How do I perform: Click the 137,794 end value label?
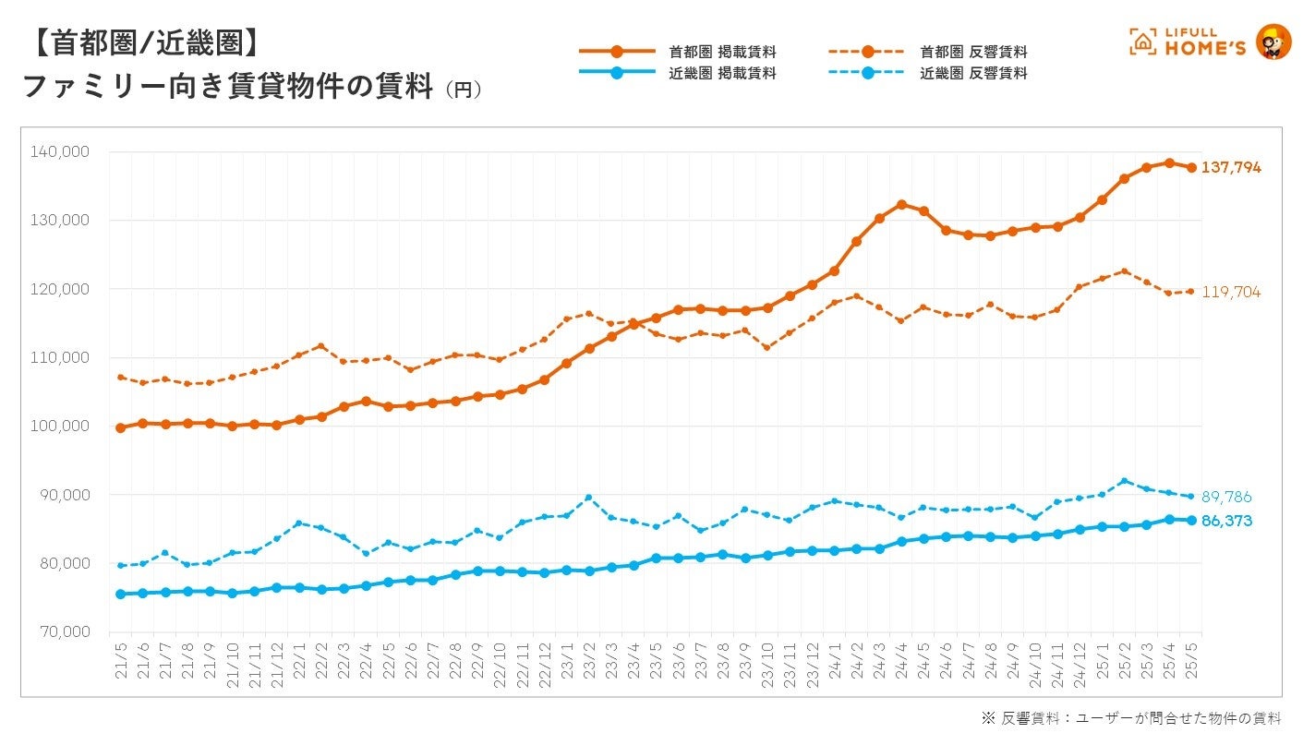[1231, 168]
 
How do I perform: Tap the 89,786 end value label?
[1226, 498]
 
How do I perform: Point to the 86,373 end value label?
[1226, 522]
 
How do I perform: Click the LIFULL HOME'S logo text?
[1204, 42]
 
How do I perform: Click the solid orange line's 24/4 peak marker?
[901, 205]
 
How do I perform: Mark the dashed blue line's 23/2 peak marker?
[589, 499]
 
